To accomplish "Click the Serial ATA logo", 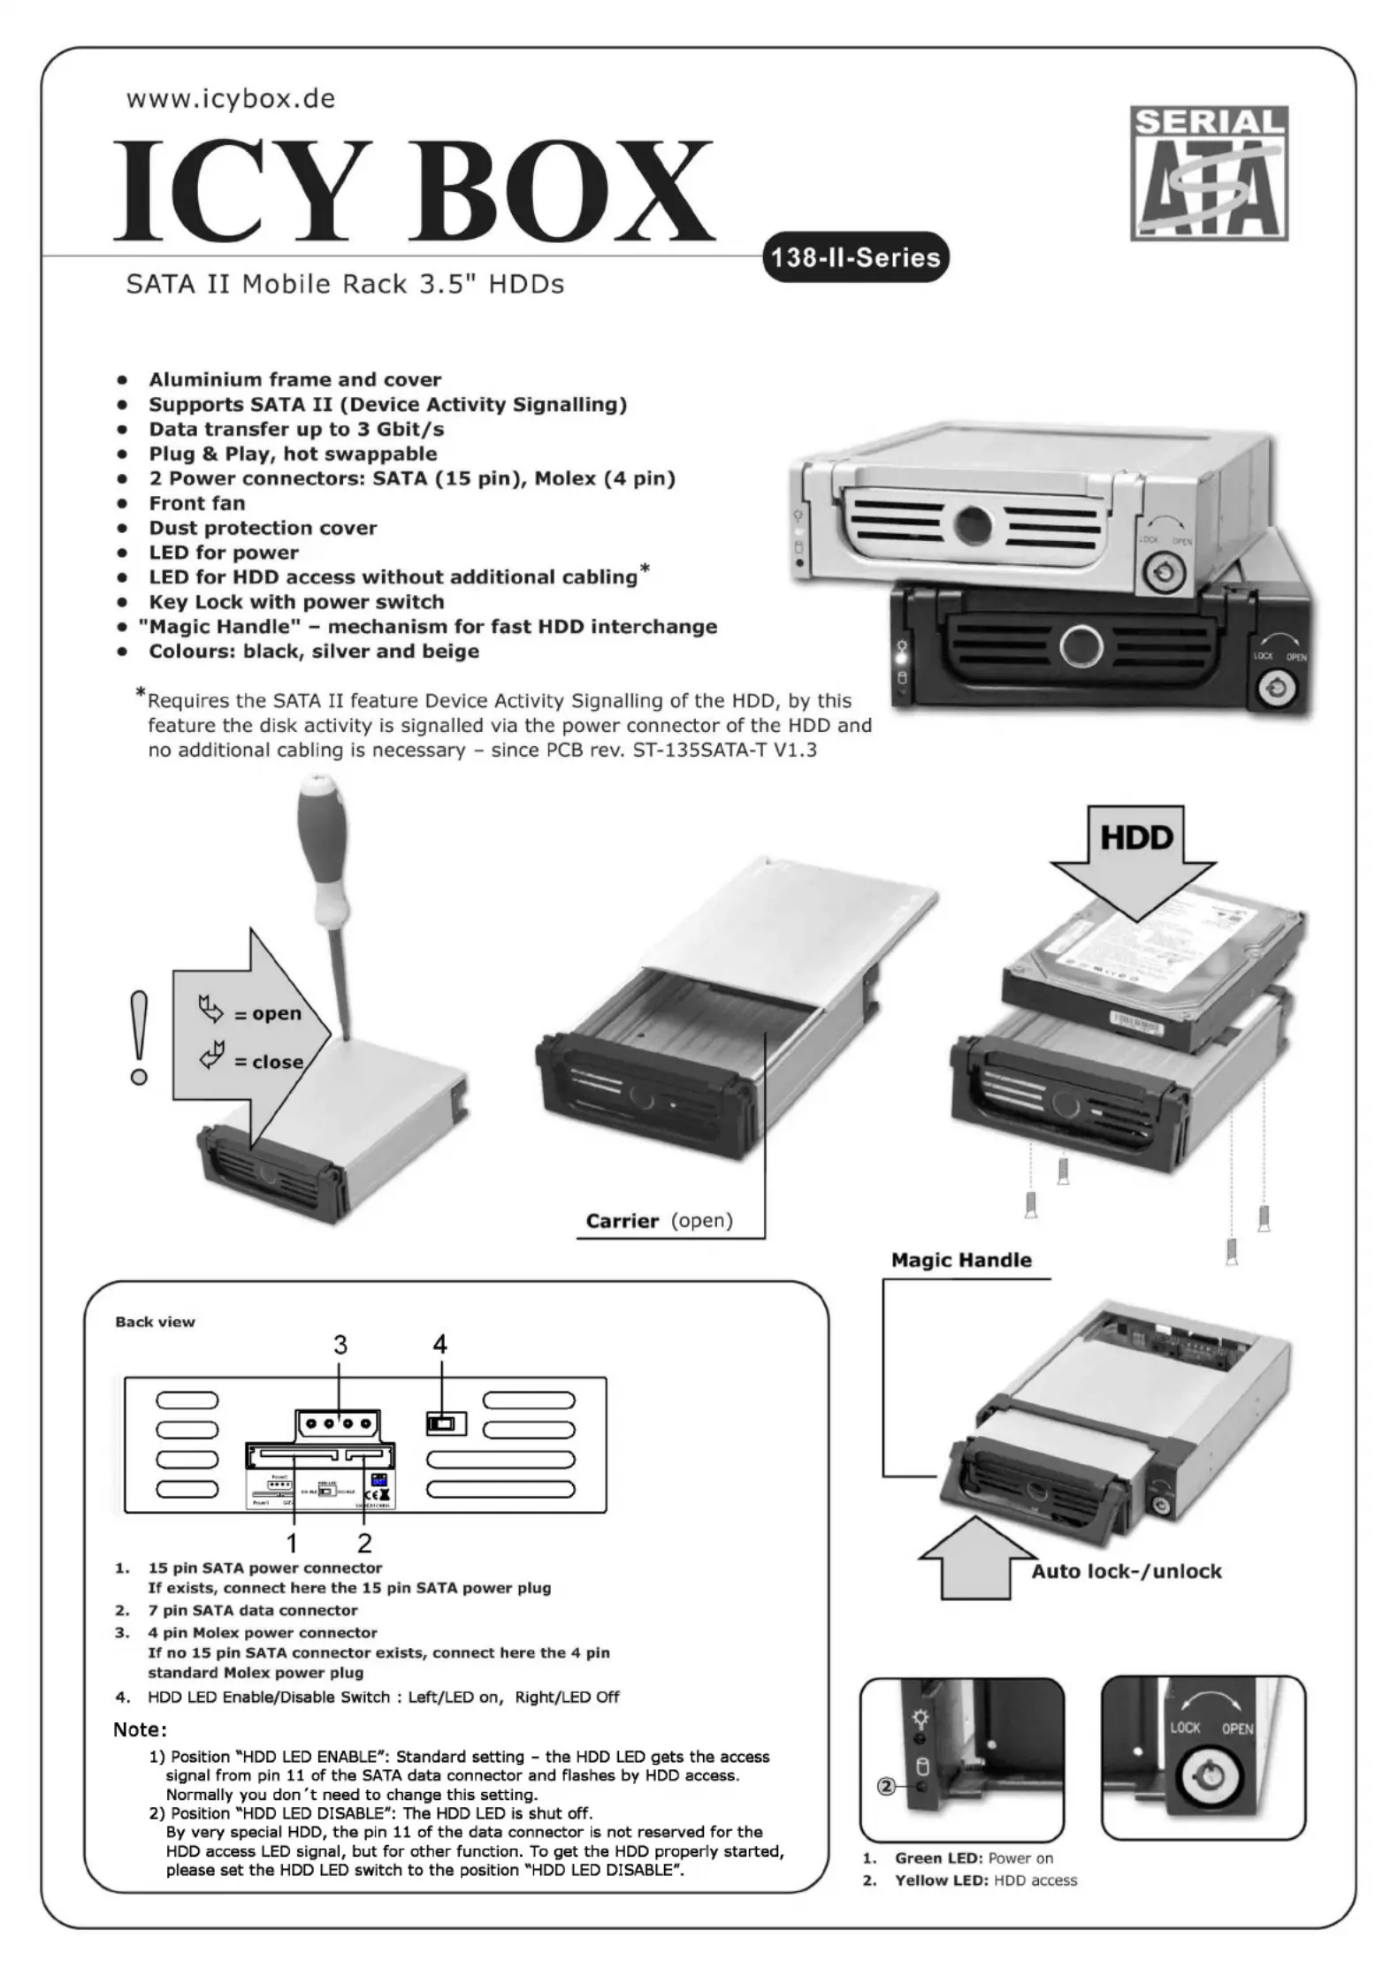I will click(x=1208, y=173).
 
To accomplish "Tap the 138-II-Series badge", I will click(x=854, y=257).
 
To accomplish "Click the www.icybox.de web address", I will click(x=231, y=98).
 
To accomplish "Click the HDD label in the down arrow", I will click(x=1136, y=836).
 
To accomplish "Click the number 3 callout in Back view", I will click(x=340, y=1345).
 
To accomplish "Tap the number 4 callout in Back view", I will click(x=439, y=1345).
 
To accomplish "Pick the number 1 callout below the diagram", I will click(x=292, y=1543).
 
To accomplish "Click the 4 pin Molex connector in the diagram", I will click(x=339, y=1424).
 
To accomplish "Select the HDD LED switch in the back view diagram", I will click(x=445, y=1424).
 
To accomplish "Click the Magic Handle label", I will click(x=961, y=1260).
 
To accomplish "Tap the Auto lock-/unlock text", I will click(x=1126, y=1571).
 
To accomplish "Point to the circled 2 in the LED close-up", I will click(x=886, y=1787).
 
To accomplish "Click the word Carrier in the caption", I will click(x=623, y=1221).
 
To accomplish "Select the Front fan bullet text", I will click(x=197, y=503).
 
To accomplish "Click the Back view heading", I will click(x=155, y=1322).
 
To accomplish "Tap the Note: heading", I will click(x=140, y=1729).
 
